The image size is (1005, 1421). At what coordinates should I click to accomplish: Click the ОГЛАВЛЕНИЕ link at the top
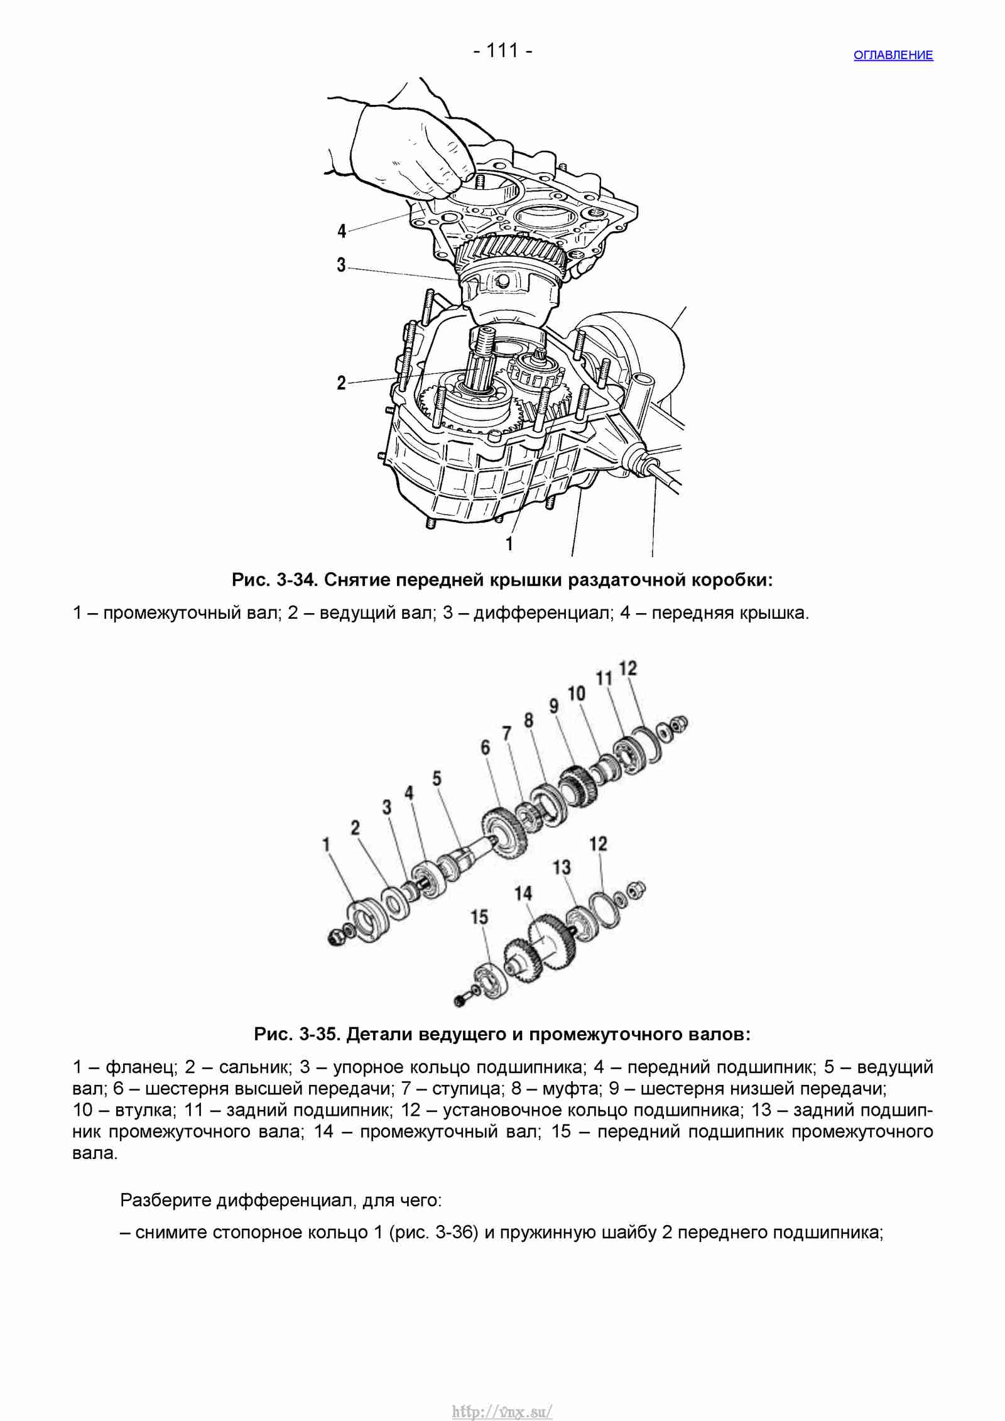[x=893, y=55]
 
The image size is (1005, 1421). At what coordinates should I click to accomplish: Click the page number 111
[x=503, y=50]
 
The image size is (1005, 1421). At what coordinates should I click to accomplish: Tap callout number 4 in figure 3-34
[x=342, y=231]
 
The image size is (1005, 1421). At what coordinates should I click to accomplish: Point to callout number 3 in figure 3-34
[x=341, y=264]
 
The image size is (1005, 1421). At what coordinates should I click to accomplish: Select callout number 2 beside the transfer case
[x=341, y=382]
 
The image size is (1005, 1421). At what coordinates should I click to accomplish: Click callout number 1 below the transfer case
[x=509, y=543]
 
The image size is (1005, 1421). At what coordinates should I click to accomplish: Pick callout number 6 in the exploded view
[x=485, y=748]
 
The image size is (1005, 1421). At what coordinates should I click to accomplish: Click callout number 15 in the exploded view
[x=479, y=917]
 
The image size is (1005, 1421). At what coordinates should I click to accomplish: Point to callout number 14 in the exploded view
[x=523, y=893]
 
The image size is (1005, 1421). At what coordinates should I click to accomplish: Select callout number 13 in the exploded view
[x=562, y=868]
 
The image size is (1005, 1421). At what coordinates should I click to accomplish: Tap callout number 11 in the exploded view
[x=604, y=678]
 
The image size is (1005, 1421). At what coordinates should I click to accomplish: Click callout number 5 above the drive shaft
[x=437, y=778]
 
